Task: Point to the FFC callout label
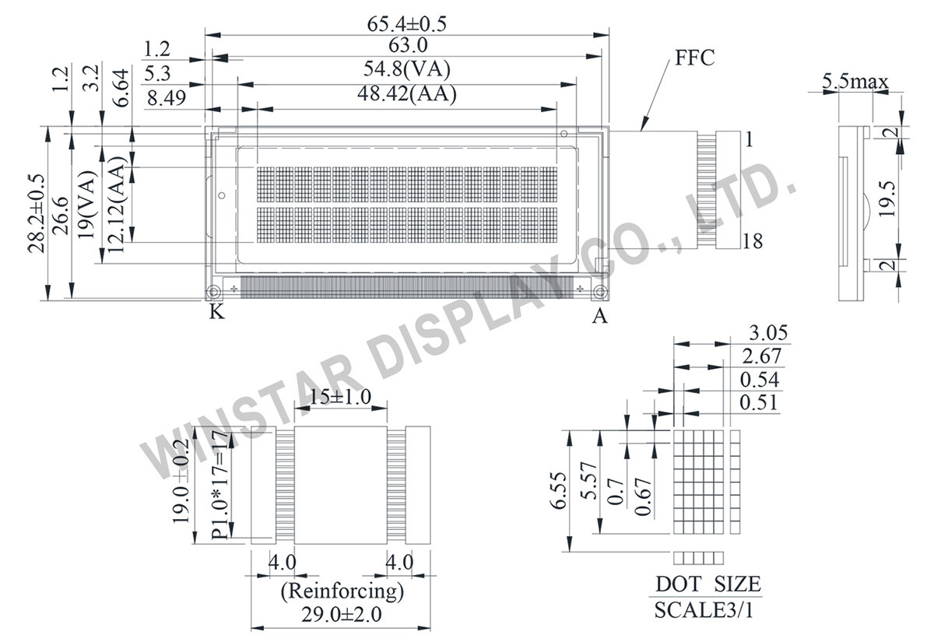click(x=689, y=58)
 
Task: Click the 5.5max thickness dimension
click(x=855, y=81)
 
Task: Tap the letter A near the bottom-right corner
click(x=599, y=315)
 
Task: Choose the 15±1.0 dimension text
click(x=339, y=397)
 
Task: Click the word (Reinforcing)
click(x=342, y=591)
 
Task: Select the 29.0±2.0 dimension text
click(x=342, y=615)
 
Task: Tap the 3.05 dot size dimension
click(x=768, y=334)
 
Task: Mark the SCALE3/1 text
click(x=704, y=609)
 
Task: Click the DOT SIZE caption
click(x=708, y=584)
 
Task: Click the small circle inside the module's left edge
click(x=220, y=195)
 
